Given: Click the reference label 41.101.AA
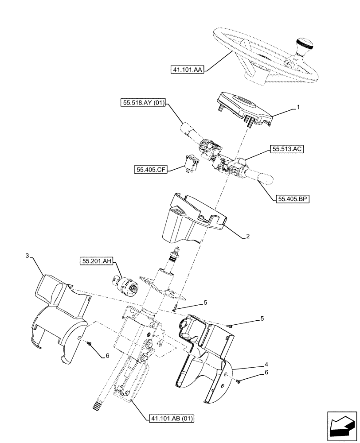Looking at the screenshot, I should [187, 70].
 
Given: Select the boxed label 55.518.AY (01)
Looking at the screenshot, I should [142, 104].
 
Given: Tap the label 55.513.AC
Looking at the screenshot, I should [286, 150].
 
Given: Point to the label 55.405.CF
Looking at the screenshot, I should [150, 169].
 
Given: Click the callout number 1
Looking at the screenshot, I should [298, 107].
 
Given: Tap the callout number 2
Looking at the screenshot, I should [248, 236].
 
